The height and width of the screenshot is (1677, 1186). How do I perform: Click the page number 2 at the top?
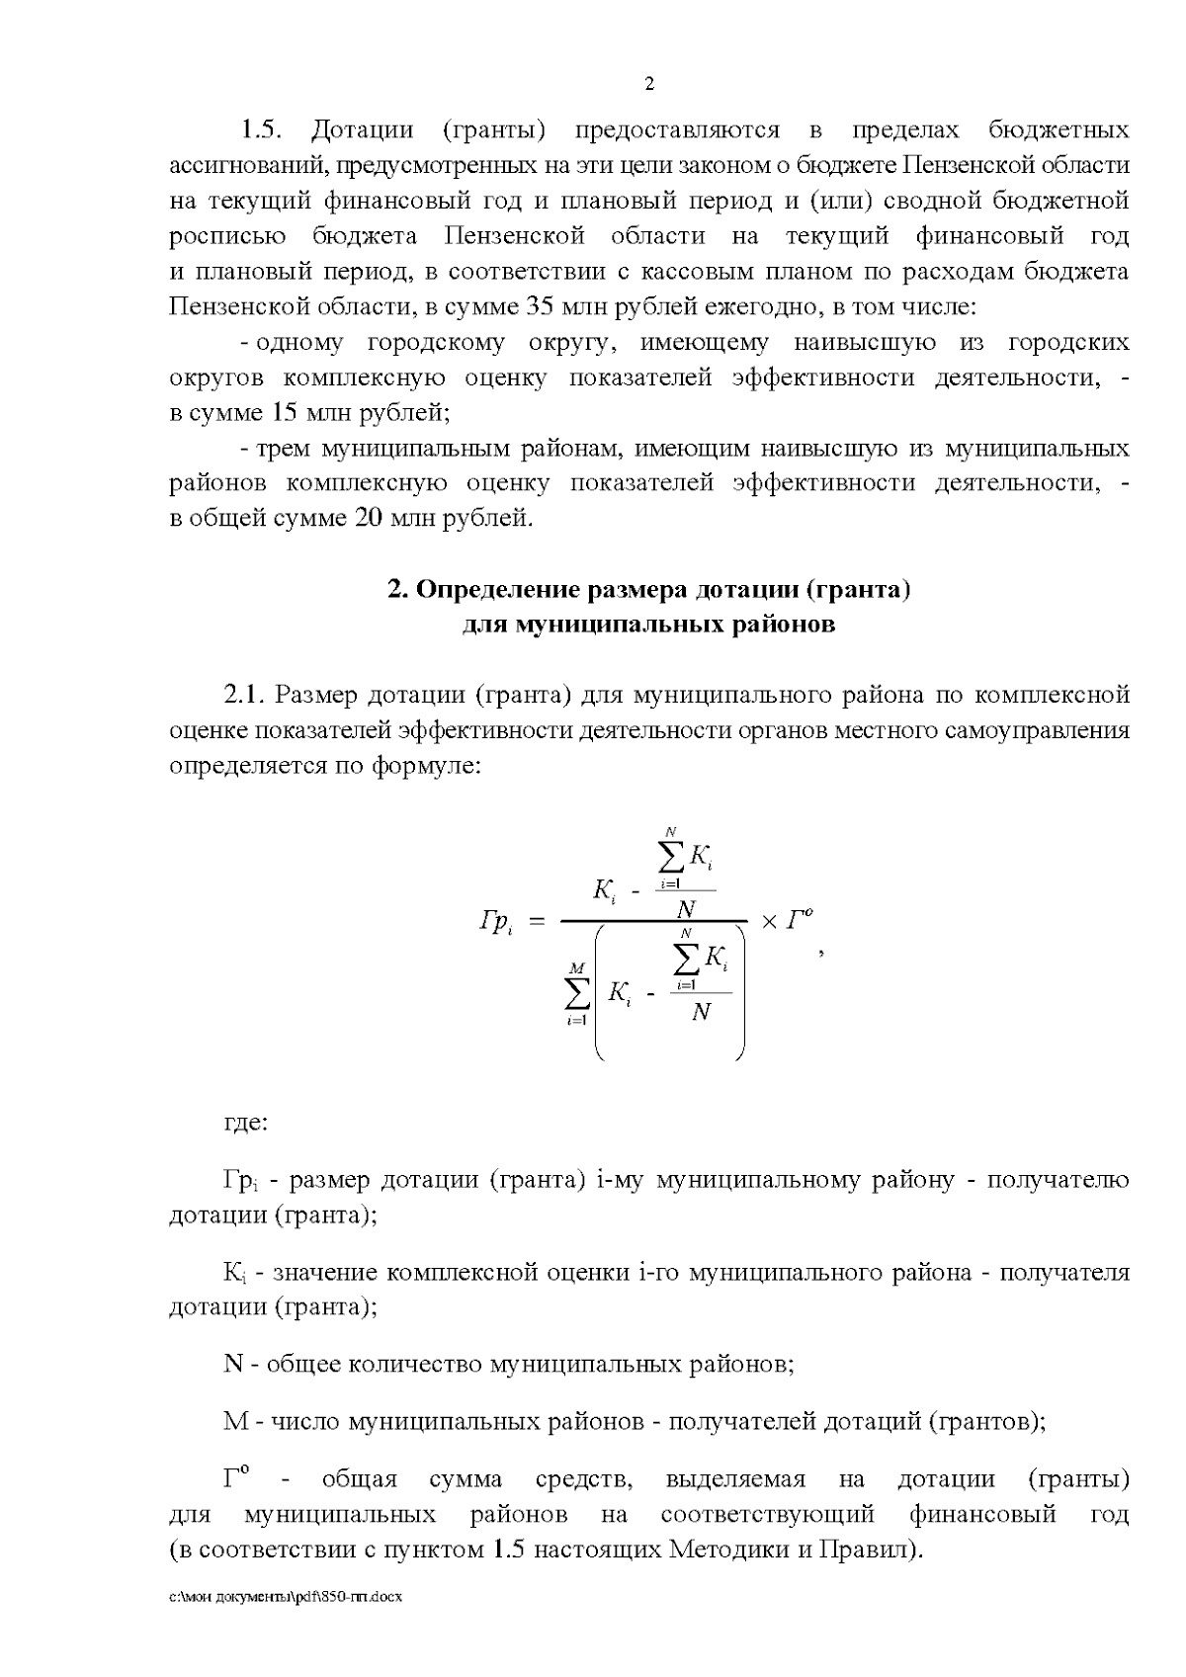[649, 84]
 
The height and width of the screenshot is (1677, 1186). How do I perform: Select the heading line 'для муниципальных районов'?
[648, 625]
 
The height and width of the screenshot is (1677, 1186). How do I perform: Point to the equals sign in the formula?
[538, 922]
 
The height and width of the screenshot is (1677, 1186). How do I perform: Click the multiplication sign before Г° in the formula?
[769, 921]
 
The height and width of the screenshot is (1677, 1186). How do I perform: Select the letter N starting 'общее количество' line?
[233, 1365]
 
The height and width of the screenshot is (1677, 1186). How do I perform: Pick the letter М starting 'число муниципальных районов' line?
[236, 1422]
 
